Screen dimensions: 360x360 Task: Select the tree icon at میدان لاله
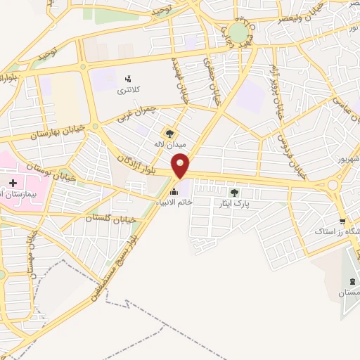click(x=169, y=132)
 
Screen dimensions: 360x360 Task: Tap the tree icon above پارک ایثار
click(x=234, y=191)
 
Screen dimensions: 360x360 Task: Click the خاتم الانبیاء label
click(x=192, y=201)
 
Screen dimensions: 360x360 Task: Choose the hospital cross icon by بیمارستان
click(x=13, y=182)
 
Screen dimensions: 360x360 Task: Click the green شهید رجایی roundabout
click(x=239, y=33)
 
